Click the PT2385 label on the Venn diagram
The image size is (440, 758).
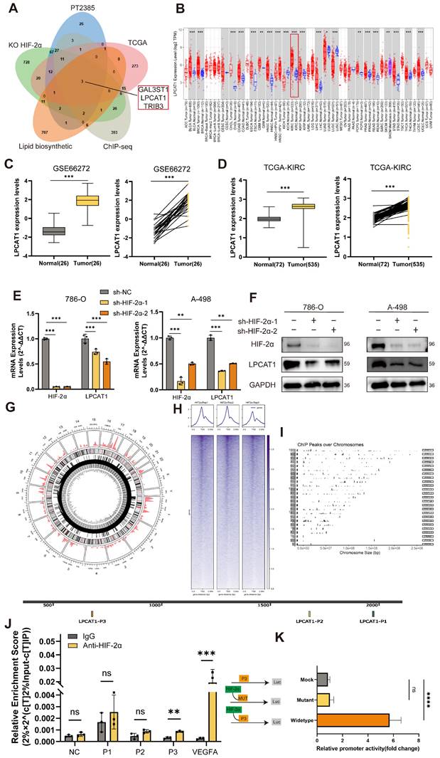click(85, 7)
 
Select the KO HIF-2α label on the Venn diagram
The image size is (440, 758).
click(25, 43)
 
